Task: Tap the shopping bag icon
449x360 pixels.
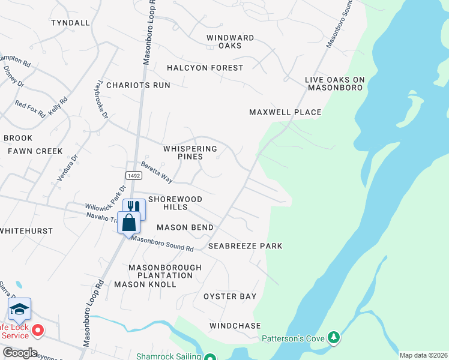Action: tap(129, 223)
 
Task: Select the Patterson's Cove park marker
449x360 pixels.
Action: tap(334, 338)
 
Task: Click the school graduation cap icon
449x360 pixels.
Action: tap(19, 309)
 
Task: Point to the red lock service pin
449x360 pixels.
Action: tap(38, 331)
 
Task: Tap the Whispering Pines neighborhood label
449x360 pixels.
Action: tap(190, 152)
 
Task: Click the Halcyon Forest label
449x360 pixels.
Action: tap(205, 68)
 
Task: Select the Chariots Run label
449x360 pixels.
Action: tap(138, 85)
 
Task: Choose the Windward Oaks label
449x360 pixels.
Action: tap(230, 41)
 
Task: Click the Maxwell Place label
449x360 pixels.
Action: tap(285, 112)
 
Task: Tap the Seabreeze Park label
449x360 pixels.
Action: tap(245, 246)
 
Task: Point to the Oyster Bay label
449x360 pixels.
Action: tap(230, 296)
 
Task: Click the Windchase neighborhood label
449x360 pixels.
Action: tap(235, 326)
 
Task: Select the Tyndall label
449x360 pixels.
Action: tap(70, 23)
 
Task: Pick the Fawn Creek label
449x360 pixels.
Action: tap(35, 151)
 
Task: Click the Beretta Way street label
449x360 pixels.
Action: tap(156, 172)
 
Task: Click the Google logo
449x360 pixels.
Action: tap(19, 352)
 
